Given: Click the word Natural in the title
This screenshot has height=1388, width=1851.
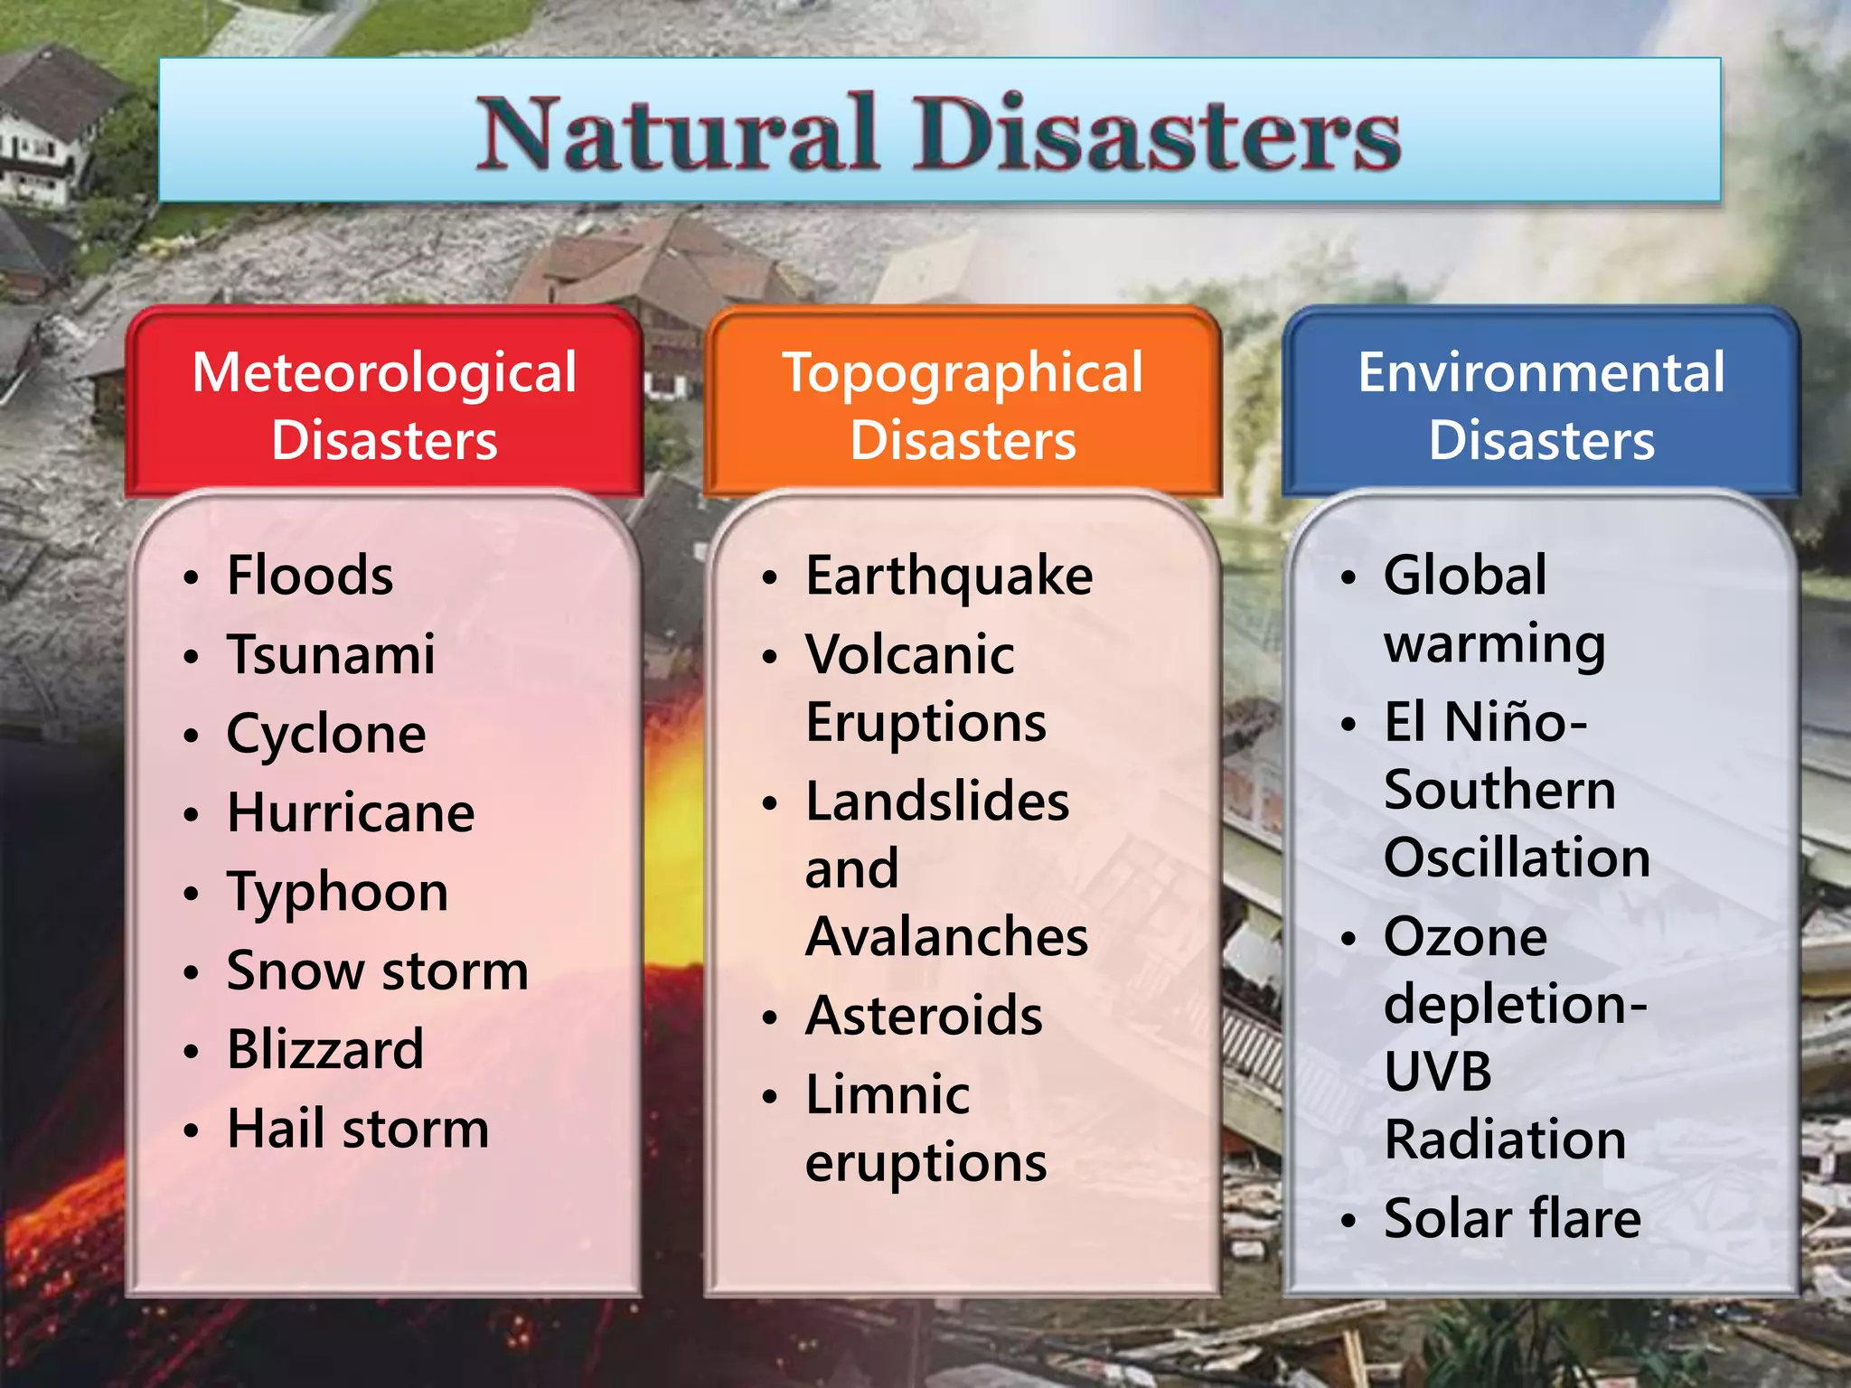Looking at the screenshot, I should coord(678,134).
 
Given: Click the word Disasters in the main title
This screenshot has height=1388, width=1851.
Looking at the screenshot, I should coord(1157,134).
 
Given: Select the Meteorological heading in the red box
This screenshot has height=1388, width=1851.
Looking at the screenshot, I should coord(384,372).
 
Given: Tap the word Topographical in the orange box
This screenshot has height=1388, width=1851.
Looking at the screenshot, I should coord(963,372).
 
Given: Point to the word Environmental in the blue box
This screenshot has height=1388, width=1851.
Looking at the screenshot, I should coord(1541,372).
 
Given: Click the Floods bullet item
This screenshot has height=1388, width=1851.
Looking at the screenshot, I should coord(310,576).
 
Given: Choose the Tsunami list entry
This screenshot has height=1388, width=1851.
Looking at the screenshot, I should coord(331,654).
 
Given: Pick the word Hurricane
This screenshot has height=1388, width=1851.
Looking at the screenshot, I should coord(351,812).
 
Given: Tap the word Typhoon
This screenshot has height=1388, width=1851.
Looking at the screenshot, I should coord(337,893).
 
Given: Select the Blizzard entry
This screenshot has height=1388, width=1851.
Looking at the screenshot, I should coord(325,1049).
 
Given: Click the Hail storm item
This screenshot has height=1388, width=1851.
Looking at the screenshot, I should coord(358,1129).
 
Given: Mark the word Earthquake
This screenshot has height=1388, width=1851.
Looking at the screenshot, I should coord(949,576).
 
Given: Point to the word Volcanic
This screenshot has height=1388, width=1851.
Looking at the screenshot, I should coord(910,654).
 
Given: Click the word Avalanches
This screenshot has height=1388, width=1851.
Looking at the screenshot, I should coord(946,936).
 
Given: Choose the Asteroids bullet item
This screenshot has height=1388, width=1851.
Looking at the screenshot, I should coord(924,1016).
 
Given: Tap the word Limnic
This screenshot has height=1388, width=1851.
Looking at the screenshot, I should coord(888,1094).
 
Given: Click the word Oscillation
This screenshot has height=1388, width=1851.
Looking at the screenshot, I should coord(1517,858).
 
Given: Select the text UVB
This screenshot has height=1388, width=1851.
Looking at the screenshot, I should coord(1438,1072).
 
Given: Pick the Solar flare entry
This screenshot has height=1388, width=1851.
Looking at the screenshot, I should coord(1512,1218).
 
